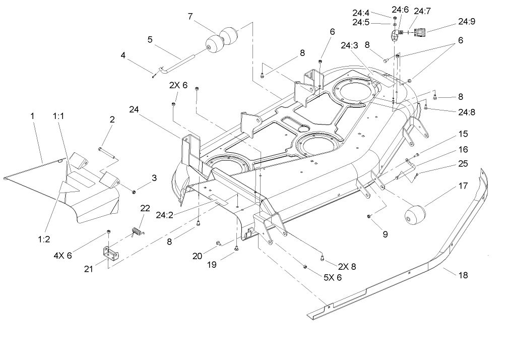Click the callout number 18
pyautogui.click(x=463, y=275)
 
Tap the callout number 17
pyautogui.click(x=463, y=186)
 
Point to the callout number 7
pyautogui.click(x=190, y=16)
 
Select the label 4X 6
pyautogui.click(x=63, y=255)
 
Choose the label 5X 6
pyautogui.click(x=333, y=277)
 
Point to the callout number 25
pyautogui.click(x=463, y=164)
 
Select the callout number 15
pyautogui.click(x=463, y=134)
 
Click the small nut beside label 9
pyautogui.click(x=369, y=216)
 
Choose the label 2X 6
pyautogui.click(x=178, y=86)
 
